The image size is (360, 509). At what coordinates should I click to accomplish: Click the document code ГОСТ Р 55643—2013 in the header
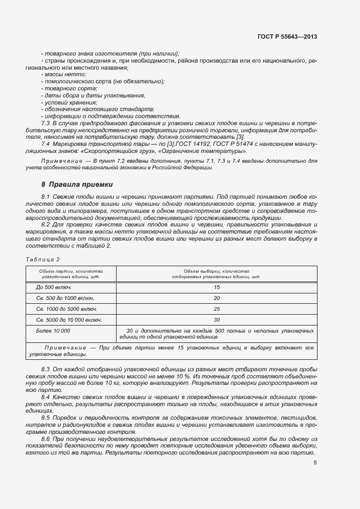[287, 36]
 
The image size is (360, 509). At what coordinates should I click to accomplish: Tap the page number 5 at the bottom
[315, 463]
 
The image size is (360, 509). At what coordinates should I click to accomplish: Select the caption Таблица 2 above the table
[42, 259]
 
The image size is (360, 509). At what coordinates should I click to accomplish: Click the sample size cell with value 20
[217, 298]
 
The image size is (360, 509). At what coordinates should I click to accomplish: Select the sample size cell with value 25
[217, 309]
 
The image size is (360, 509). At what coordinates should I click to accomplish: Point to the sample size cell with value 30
[217, 320]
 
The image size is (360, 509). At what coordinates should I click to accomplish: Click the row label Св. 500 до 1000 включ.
[65, 298]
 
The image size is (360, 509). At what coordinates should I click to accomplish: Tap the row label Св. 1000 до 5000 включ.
[66, 309]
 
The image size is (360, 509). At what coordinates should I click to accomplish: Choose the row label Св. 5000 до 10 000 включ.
[69, 320]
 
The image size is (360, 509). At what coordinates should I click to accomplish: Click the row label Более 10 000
[53, 330]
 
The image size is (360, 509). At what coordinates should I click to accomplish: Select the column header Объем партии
[71, 273]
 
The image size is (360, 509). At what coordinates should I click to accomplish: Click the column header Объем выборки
[217, 273]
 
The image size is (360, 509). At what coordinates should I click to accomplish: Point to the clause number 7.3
[45, 125]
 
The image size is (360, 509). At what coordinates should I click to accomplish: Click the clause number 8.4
[45, 397]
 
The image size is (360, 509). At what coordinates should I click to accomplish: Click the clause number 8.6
[45, 438]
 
